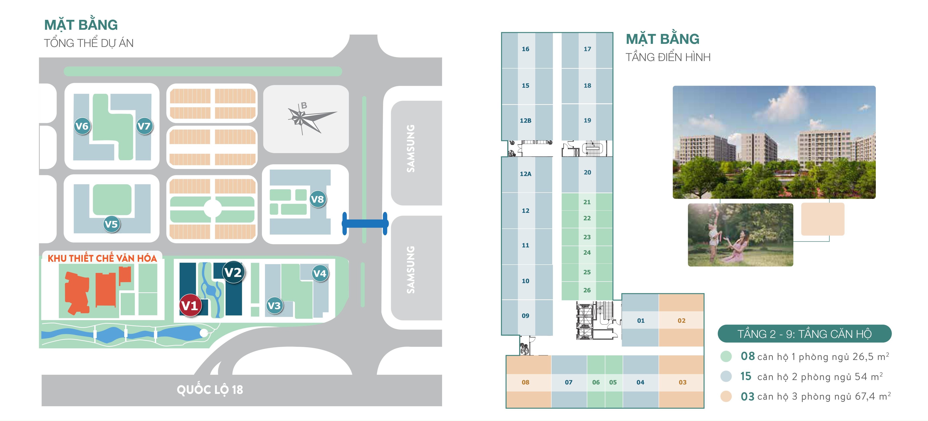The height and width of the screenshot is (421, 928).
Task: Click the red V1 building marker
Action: coord(189,305)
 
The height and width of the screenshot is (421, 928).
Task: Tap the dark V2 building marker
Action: coord(233,273)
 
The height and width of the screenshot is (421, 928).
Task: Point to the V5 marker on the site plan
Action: coord(111,224)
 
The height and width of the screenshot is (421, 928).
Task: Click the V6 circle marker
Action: coord(82,126)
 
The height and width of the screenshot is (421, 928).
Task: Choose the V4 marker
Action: coord(320,274)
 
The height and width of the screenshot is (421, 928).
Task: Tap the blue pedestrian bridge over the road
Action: coord(365,223)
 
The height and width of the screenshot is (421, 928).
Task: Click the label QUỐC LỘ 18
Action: coord(210,390)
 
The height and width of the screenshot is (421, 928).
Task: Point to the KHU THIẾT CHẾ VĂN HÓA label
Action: coord(102,258)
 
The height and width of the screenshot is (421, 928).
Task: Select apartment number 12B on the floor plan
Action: coord(525,120)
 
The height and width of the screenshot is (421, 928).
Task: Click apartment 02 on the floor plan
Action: coord(681,321)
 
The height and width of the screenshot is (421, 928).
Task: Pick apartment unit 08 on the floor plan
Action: coord(525,382)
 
